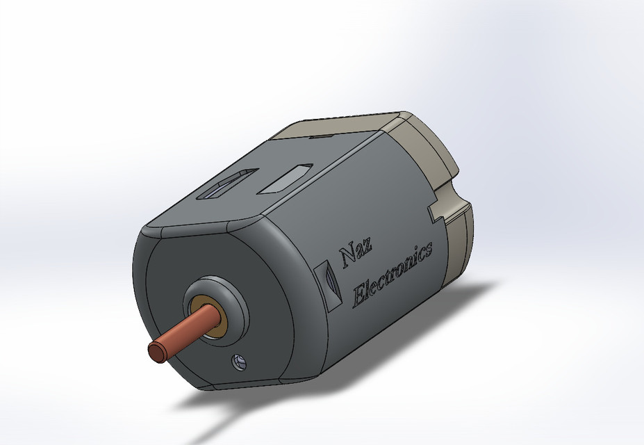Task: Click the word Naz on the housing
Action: pos(355,254)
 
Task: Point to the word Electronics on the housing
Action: pos(393,274)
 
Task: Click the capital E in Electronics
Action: pos(361,295)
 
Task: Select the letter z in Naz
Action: pos(368,249)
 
